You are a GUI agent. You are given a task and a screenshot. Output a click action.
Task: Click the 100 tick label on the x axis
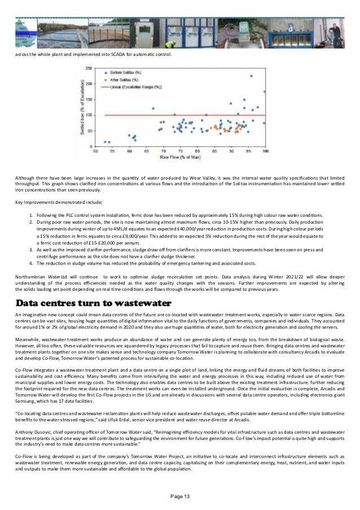click(265, 151)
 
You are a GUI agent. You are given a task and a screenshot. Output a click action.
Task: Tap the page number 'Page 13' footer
click(179, 496)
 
